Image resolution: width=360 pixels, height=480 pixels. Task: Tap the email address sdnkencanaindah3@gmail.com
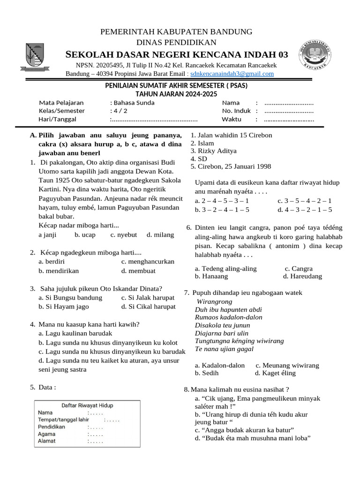point(232,74)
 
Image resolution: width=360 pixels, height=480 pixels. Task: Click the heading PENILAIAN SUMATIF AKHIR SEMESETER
point(176,86)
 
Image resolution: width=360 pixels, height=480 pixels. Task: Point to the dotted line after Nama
point(289,103)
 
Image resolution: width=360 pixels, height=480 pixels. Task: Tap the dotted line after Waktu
point(289,120)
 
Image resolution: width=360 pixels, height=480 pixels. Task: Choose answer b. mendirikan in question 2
point(59,270)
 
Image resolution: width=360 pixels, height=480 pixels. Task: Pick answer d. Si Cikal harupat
point(148,307)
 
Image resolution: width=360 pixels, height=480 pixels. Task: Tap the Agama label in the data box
point(47,434)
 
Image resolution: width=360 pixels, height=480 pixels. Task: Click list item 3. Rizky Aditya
point(214,151)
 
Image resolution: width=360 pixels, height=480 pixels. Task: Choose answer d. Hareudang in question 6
point(303,277)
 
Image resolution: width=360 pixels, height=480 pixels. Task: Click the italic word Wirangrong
point(215,301)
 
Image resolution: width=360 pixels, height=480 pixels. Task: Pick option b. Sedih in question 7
point(207,373)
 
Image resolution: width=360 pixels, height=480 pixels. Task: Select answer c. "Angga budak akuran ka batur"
point(244,430)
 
